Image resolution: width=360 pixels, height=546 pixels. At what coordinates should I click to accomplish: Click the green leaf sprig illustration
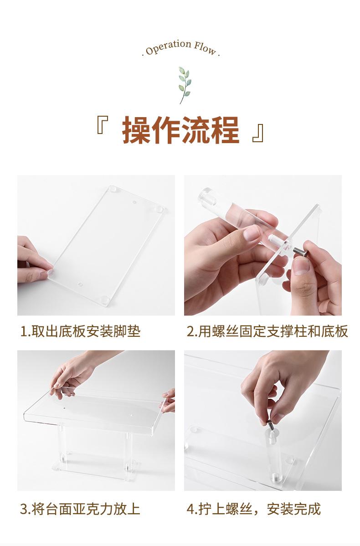(185, 85)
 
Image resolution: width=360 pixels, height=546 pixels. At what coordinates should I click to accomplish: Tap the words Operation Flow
(181, 48)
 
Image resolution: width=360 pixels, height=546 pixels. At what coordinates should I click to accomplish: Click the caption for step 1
(80, 331)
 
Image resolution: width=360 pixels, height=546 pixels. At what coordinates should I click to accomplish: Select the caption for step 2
(267, 331)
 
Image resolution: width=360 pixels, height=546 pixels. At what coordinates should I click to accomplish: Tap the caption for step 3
(80, 509)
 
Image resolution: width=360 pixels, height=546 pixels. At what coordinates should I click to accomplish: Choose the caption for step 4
(253, 509)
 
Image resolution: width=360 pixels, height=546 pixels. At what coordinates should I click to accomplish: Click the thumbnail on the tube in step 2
(252, 232)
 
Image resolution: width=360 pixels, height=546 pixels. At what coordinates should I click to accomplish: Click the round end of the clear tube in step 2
(204, 196)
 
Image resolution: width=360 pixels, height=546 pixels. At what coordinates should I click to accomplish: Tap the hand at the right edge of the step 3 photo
(169, 401)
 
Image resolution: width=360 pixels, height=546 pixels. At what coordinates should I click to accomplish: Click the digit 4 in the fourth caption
(190, 509)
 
